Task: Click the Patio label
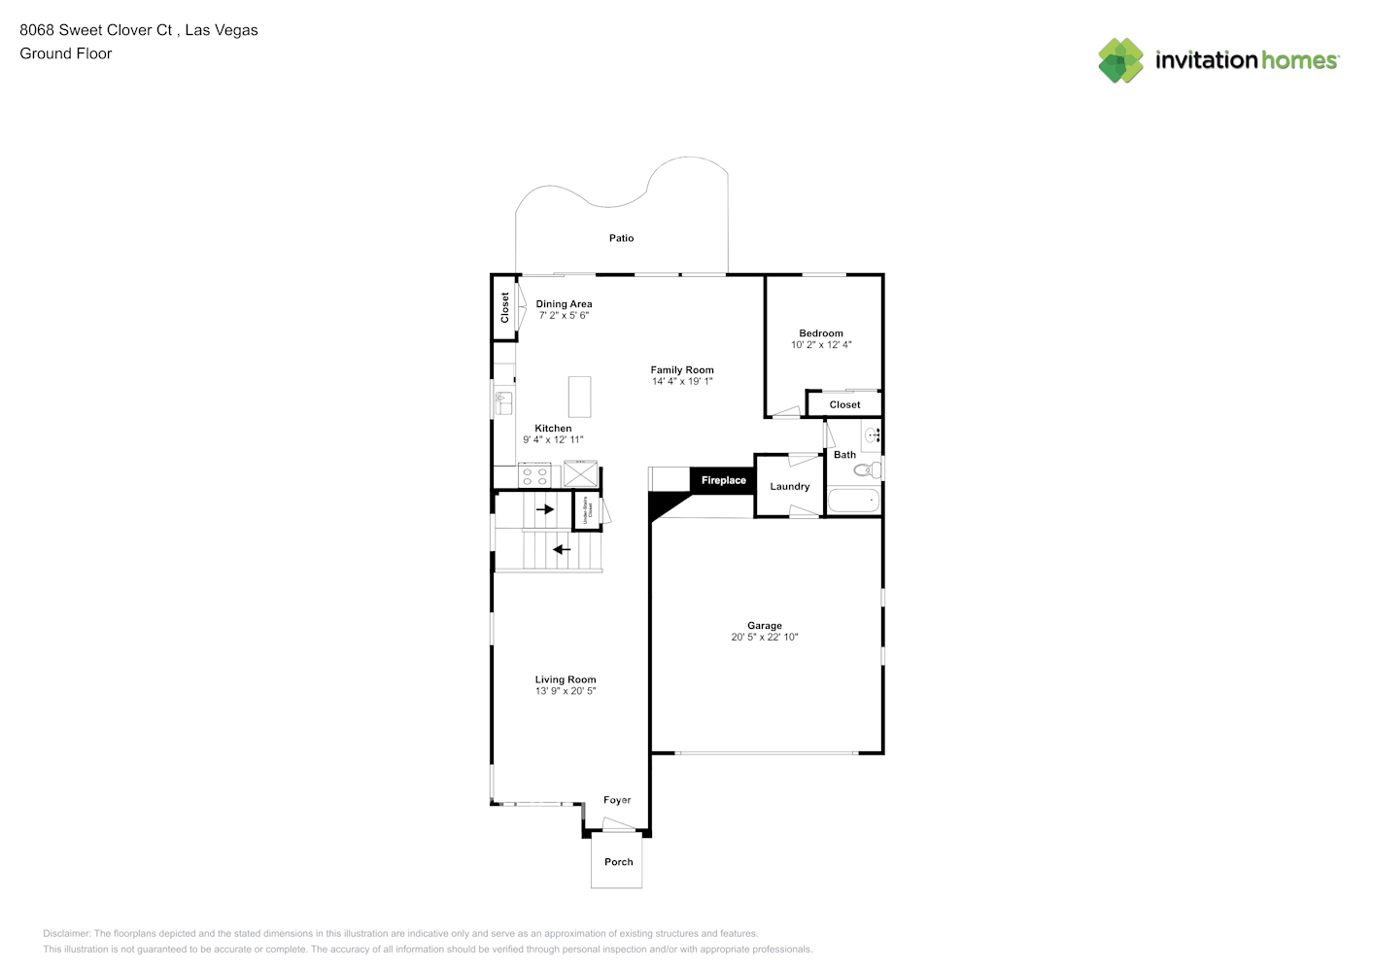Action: [x=621, y=238]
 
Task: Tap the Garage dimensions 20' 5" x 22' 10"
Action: [x=764, y=638]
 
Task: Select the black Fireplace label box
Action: [x=723, y=480]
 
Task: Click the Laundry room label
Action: [x=789, y=486]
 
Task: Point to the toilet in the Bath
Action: [x=868, y=470]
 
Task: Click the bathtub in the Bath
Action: [x=852, y=502]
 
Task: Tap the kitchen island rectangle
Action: [x=579, y=397]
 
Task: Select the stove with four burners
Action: [x=534, y=475]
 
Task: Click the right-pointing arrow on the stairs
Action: [x=545, y=508]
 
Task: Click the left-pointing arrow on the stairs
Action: [x=562, y=549]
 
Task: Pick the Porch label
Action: [x=618, y=862]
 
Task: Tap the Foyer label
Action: [x=617, y=800]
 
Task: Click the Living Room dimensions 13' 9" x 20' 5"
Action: [x=565, y=691]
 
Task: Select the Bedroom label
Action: [x=821, y=333]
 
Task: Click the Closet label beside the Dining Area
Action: [x=504, y=307]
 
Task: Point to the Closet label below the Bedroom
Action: [x=844, y=404]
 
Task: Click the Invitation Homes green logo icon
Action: [x=1120, y=60]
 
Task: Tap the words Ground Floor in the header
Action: [x=66, y=53]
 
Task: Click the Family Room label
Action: [x=681, y=369]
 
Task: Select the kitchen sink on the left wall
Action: [x=503, y=401]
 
